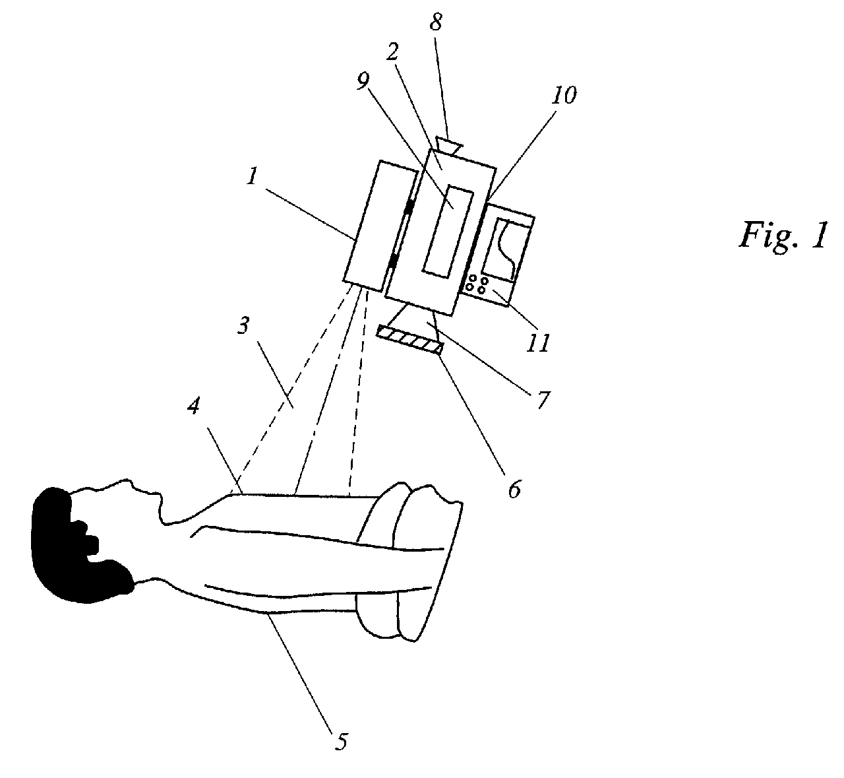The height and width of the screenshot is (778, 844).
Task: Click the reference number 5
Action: [x=340, y=742]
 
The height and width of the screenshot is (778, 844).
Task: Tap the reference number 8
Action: [x=435, y=23]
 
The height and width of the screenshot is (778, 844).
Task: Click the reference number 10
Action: [x=565, y=97]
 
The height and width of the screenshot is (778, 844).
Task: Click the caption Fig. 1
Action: [x=781, y=234]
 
